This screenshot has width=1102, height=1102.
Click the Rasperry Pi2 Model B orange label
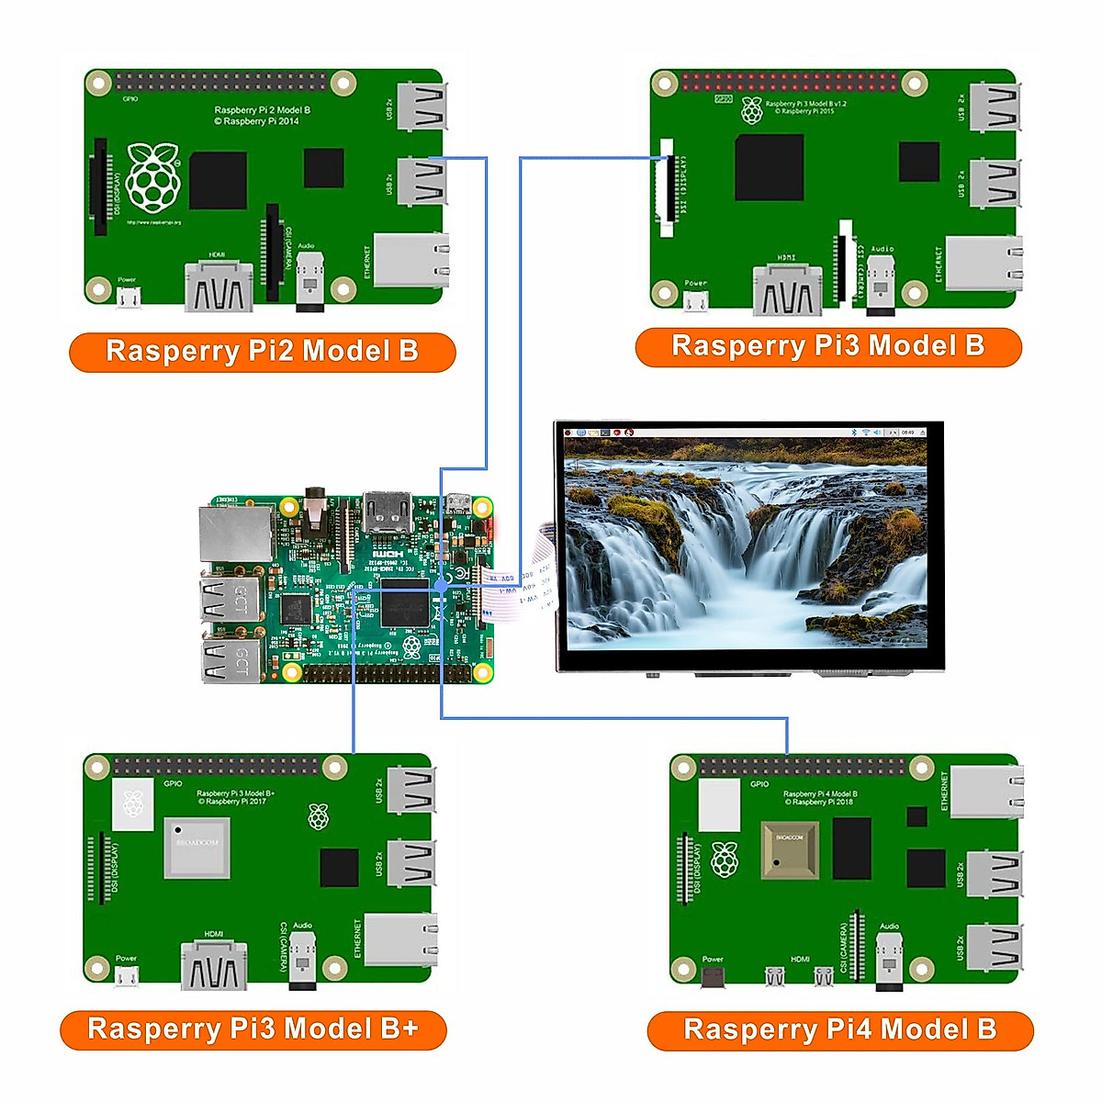point(262,352)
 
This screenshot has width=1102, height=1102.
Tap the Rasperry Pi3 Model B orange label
point(827,346)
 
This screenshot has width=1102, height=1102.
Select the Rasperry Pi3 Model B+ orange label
point(253,1029)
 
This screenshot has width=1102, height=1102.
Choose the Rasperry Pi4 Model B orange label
point(839,1030)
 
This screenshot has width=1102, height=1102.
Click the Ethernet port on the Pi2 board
point(410,260)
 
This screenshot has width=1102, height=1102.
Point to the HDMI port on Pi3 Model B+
point(214,965)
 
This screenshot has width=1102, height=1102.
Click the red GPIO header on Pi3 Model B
point(790,82)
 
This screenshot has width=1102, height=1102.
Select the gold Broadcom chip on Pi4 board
point(789,849)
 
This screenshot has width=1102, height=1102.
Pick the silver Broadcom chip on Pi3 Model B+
point(197,846)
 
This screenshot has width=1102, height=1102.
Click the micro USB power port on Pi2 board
point(129,298)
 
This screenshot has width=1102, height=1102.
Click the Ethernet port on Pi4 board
point(986,791)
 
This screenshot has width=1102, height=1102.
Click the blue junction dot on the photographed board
point(441,584)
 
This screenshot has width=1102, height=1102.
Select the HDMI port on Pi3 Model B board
point(787,290)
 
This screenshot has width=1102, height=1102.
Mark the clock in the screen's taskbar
point(907,432)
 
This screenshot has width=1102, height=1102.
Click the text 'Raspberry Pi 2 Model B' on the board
point(262,110)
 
